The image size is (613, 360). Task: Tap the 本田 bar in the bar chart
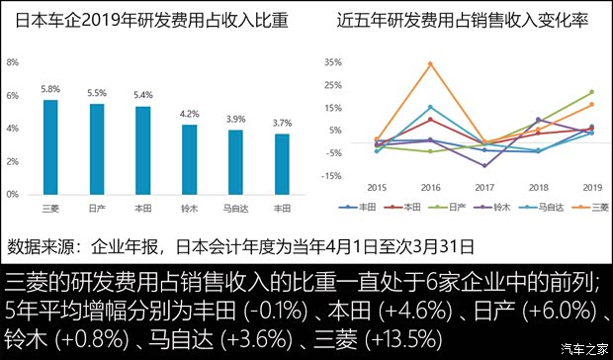(143, 150)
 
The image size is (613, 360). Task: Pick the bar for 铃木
(189, 159)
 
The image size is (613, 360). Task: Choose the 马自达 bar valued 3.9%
(235, 162)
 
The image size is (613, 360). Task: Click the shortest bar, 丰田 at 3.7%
(282, 164)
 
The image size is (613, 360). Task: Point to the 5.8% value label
(49, 89)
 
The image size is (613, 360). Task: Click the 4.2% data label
(189, 114)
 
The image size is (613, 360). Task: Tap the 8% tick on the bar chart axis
(13, 62)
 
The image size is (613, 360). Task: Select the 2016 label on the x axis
(430, 187)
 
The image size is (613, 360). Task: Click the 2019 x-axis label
(592, 187)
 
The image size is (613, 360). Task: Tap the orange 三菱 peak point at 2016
(430, 64)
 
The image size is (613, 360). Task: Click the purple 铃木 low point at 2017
(484, 165)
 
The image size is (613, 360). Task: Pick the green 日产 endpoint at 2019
(592, 92)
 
